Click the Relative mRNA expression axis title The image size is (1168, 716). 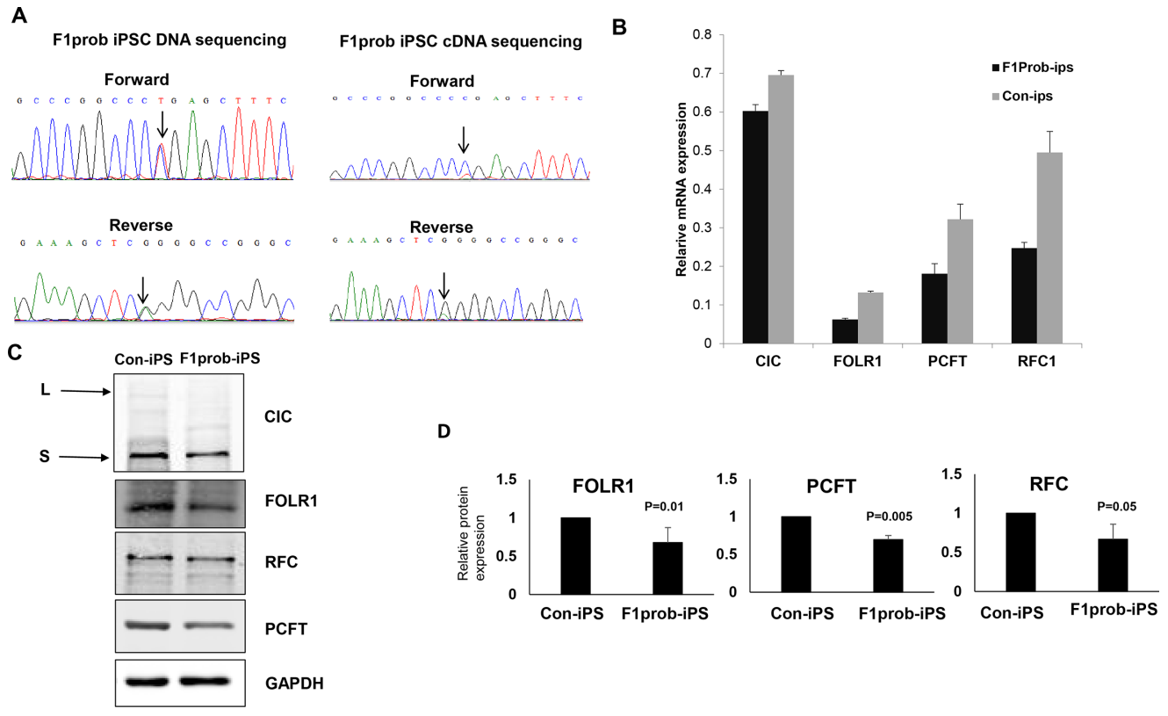tap(681, 188)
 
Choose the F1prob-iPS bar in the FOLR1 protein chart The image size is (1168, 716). tap(668, 568)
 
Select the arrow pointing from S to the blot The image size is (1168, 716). tap(79, 456)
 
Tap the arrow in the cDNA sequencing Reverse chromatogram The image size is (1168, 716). tap(443, 285)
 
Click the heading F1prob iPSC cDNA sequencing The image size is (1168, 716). tap(460, 41)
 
